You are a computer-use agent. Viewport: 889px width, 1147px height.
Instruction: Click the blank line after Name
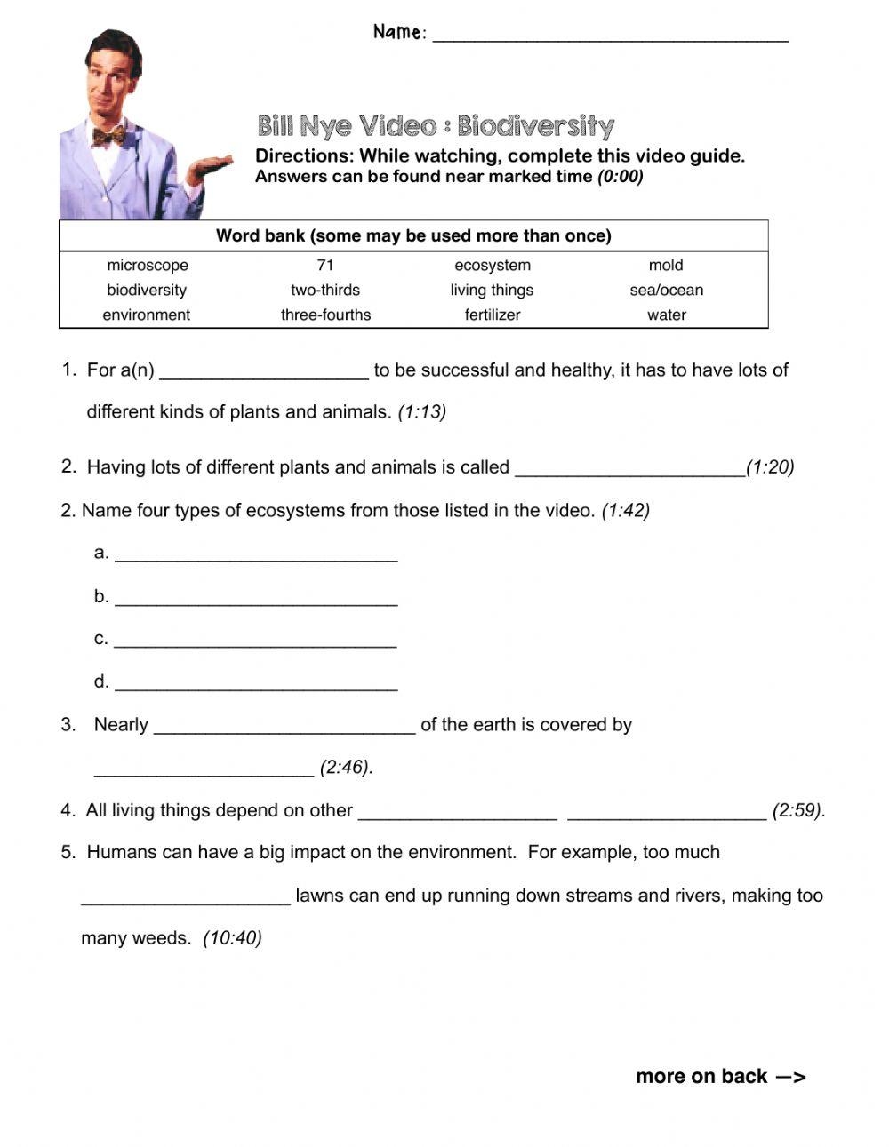coord(610,37)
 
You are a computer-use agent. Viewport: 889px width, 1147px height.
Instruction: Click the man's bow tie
coord(108,136)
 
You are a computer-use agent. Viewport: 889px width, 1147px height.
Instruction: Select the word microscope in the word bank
coord(148,265)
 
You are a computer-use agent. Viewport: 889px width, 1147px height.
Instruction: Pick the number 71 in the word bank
coord(325,265)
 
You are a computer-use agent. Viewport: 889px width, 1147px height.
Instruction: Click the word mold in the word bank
coord(666,265)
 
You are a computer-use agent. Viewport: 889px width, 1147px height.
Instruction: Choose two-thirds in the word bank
coord(325,290)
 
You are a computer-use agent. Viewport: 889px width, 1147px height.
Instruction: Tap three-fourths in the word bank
coord(325,315)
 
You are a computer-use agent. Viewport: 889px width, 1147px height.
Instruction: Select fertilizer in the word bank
coord(493,315)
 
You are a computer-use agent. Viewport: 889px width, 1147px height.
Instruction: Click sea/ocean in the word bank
coord(666,290)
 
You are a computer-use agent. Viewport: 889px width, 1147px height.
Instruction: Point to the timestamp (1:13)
coord(422,411)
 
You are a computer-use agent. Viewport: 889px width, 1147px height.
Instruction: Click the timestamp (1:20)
coord(770,466)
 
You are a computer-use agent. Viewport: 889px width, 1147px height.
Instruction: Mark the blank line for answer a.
coord(256,557)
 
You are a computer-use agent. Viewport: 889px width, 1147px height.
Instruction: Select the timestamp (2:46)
coord(346,767)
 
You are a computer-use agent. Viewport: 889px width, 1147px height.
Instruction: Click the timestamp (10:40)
coord(232,938)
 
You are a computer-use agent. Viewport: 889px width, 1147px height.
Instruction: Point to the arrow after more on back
coord(790,1077)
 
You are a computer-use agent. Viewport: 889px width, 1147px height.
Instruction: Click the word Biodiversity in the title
coord(535,126)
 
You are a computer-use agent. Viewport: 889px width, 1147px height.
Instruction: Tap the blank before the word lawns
coord(186,900)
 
